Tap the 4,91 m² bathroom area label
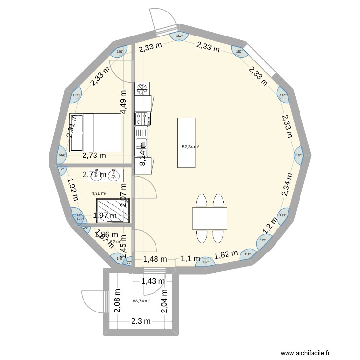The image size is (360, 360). click(x=99, y=193)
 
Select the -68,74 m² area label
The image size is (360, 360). click(x=141, y=301)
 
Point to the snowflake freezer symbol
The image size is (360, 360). click(x=142, y=88)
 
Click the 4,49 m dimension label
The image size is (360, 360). click(x=124, y=102)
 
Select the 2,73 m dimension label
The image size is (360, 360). click(x=94, y=156)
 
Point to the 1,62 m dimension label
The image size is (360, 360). click(x=226, y=256)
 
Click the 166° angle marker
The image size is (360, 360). click(x=61, y=155)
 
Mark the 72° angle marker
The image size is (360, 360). click(x=61, y=169)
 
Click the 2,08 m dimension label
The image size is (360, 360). click(x=117, y=301)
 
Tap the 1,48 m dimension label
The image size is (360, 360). click(x=155, y=259)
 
